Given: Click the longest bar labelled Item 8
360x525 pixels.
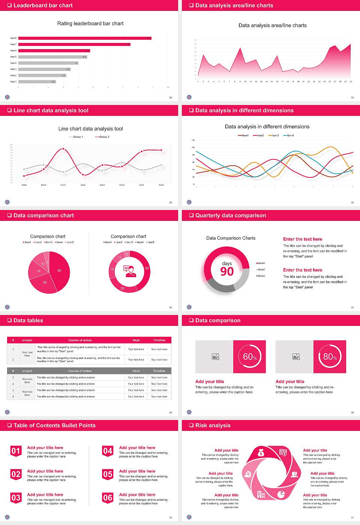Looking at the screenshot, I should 85,38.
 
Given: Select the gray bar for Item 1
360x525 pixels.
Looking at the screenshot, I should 37,81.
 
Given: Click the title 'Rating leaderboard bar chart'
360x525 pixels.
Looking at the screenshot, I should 90,24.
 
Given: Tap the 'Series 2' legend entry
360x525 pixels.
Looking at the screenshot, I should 102,137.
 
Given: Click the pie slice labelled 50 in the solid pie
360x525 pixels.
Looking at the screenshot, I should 60,270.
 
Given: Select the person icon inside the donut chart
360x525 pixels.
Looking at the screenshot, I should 130,271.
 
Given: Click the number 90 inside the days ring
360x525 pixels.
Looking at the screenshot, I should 227,271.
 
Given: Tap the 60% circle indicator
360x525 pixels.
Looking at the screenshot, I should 250,357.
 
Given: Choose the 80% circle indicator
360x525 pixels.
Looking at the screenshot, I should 330,357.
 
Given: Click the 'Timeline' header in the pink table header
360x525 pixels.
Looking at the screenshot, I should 159,340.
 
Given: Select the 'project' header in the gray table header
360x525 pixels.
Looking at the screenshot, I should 27,371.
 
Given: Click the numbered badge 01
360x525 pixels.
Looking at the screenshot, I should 16,451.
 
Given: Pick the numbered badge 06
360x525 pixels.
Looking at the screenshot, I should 108,498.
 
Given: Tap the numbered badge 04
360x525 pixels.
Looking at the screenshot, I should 108,451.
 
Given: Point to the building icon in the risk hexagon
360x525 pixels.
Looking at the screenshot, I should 261,495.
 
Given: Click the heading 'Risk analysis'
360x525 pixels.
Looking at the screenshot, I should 213,426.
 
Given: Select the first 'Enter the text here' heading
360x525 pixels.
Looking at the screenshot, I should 303,239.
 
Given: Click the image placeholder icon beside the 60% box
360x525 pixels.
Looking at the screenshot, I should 216,357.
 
